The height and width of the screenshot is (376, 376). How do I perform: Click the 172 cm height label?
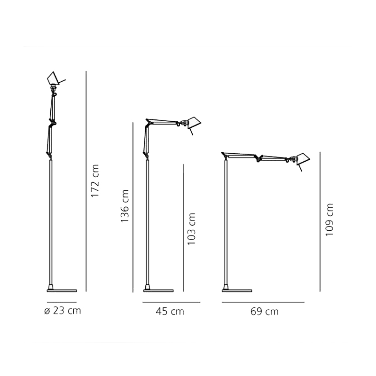tap(95, 181)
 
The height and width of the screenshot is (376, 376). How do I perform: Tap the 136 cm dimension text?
tap(125, 206)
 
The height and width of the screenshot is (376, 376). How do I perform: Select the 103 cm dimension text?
tap(191, 229)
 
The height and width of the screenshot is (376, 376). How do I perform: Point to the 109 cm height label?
tap(329, 219)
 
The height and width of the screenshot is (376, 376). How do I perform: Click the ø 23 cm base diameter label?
tap(63, 311)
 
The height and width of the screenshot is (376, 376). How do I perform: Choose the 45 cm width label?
tap(170, 312)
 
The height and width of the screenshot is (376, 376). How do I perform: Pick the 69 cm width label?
tap(265, 312)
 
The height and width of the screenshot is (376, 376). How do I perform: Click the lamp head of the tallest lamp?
tap(55, 78)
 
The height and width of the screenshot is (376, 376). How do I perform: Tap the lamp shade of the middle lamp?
tap(194, 124)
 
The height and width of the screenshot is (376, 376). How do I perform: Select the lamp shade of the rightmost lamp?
tap(303, 160)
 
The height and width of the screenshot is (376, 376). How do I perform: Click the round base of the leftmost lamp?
tap(62, 290)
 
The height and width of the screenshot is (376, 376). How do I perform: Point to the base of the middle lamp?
tap(158, 290)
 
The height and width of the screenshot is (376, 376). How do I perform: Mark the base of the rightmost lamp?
tap(237, 290)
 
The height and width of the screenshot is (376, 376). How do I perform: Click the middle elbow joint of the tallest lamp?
tap(53, 123)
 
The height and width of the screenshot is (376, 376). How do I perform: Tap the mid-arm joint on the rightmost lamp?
tap(258, 158)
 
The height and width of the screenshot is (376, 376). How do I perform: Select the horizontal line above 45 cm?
tap(172, 302)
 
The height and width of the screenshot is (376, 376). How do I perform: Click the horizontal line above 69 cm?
tap(263, 302)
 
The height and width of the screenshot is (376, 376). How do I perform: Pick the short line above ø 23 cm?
tap(62, 302)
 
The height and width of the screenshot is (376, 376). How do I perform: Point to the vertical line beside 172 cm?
tap(86, 181)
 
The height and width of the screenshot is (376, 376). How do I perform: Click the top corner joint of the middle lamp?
tap(149, 122)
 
